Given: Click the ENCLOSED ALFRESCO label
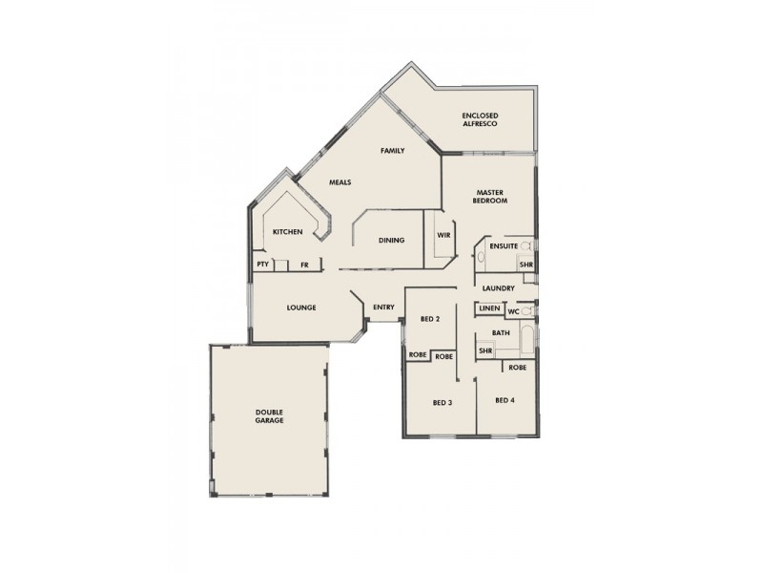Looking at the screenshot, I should [481, 119].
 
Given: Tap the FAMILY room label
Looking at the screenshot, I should [393, 151].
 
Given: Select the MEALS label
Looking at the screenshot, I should [340, 181].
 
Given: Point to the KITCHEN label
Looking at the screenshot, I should [288, 232].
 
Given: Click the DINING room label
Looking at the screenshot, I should [392, 240].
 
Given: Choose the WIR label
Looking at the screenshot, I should [443, 235].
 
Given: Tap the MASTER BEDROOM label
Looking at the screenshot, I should [490, 197].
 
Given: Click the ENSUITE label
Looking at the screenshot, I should [503, 246].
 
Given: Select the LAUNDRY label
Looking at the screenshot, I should [499, 288].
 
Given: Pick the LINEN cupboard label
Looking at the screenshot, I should [489, 310].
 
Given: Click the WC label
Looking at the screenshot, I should [513, 310].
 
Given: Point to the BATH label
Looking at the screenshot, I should [501, 332].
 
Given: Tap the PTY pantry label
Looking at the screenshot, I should [262, 265].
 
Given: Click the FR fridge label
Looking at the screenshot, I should [304, 265].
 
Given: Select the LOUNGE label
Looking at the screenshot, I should [301, 308].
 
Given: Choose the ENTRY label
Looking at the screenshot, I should [384, 307].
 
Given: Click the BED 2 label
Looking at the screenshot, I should [429, 319].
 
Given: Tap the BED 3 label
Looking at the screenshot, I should [442, 402].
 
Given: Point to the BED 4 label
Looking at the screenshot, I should [505, 400].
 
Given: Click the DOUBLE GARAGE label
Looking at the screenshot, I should [269, 416].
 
